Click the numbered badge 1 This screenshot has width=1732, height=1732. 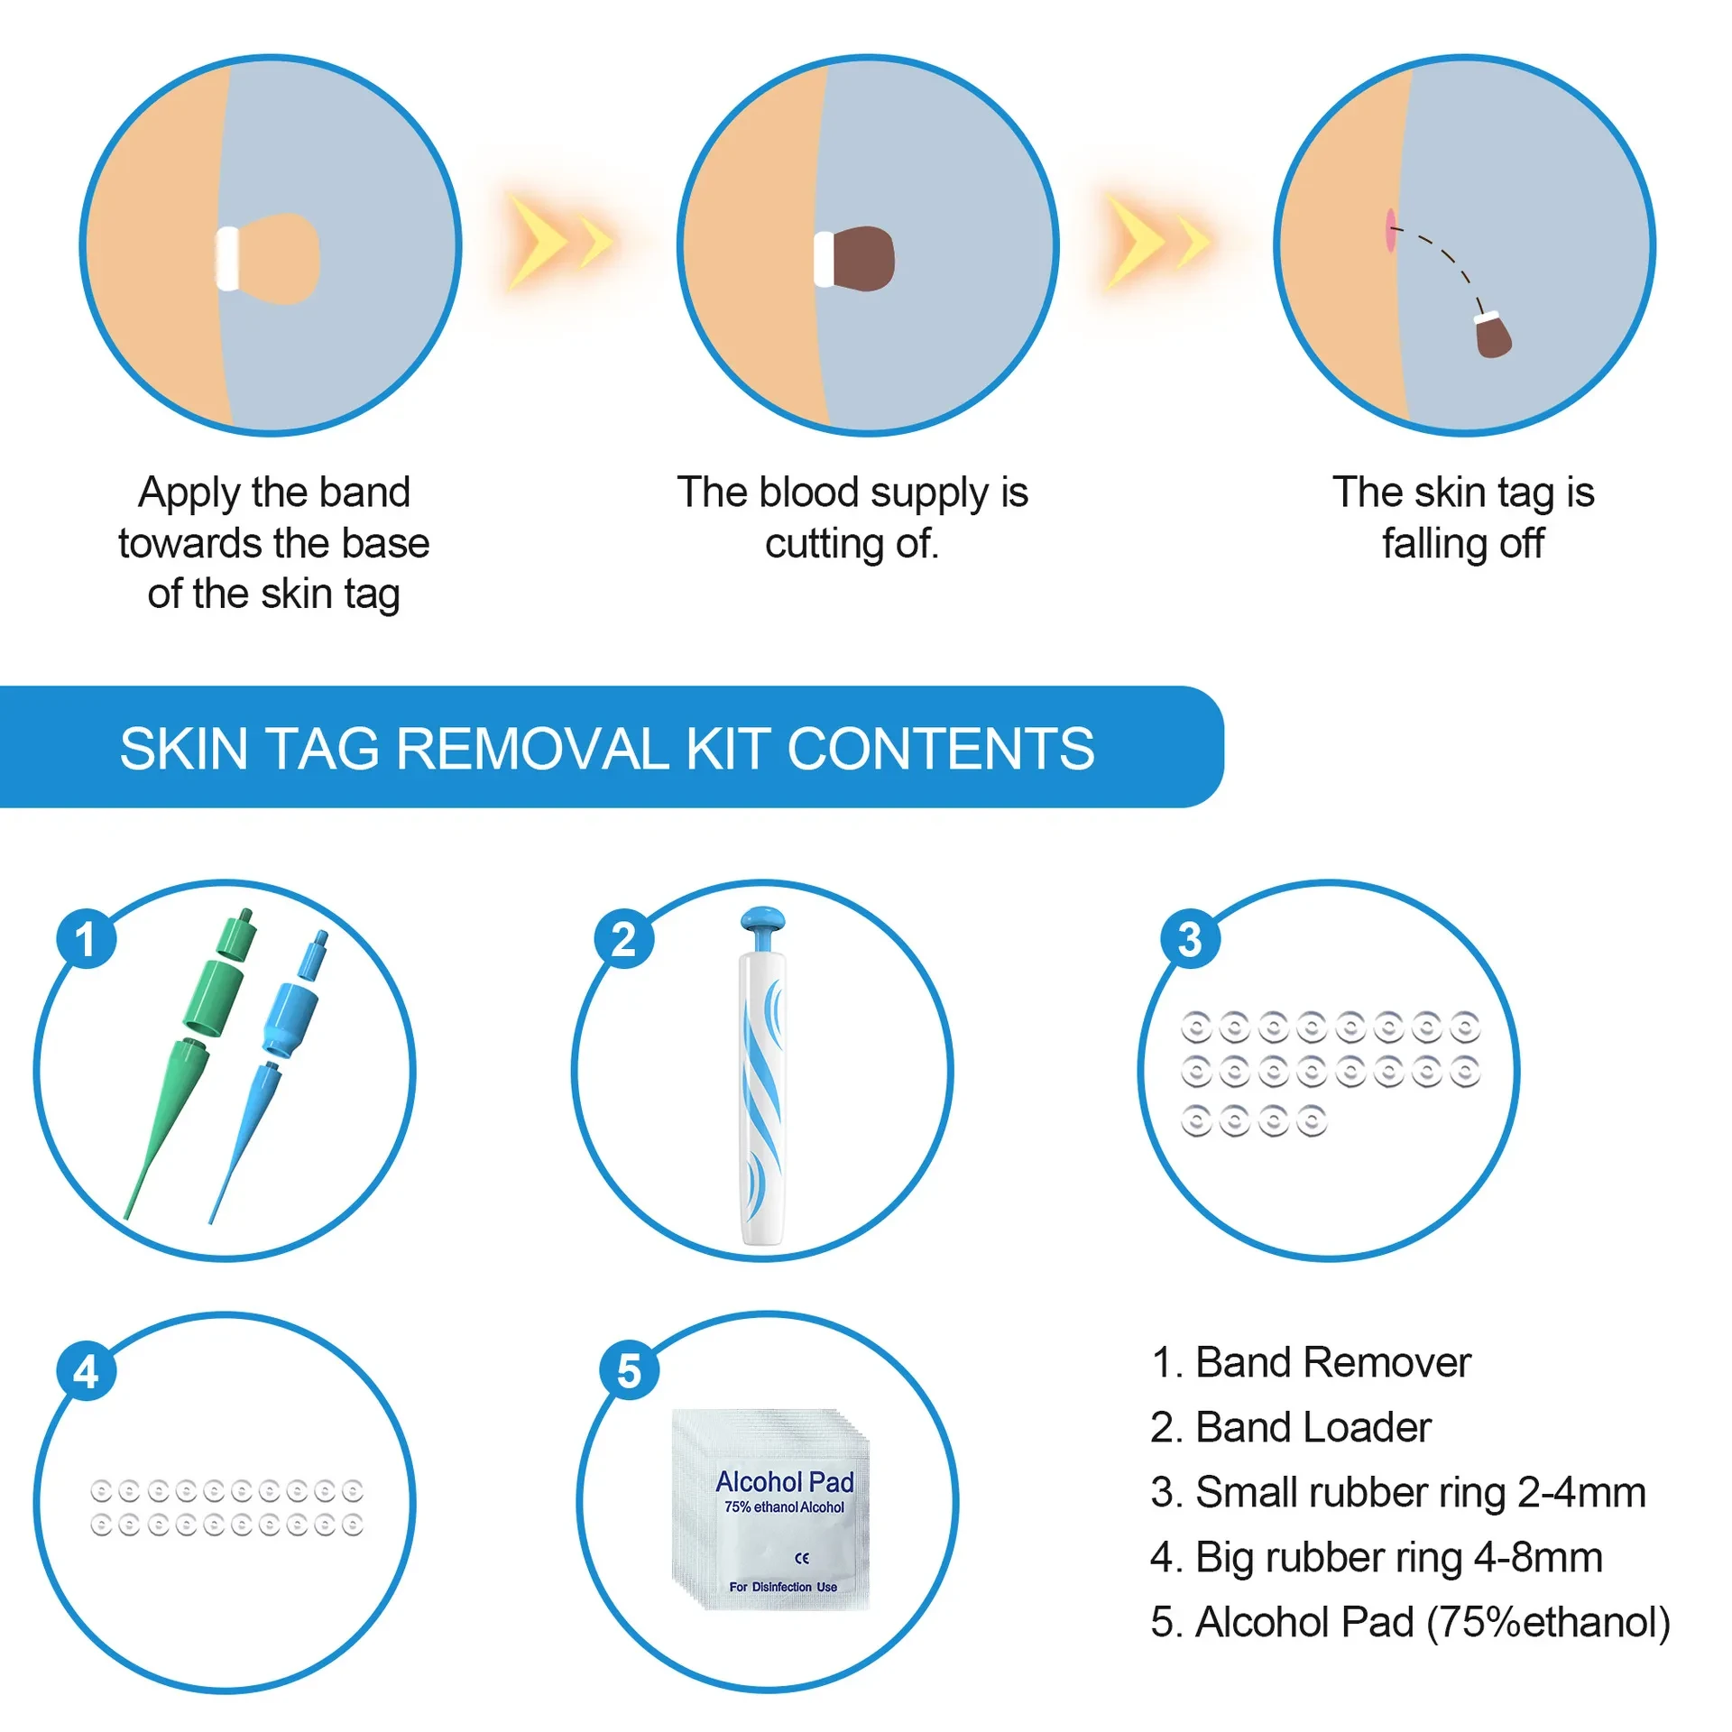tap(86, 939)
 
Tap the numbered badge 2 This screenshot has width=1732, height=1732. tap(623, 939)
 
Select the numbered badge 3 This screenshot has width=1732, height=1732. tap(1190, 939)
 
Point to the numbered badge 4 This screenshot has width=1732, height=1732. tap(86, 1371)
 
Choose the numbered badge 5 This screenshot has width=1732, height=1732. tap(629, 1371)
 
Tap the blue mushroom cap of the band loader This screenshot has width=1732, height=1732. tap(762, 921)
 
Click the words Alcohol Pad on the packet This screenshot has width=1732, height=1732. tap(784, 1481)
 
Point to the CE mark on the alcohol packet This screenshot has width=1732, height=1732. tap(801, 1558)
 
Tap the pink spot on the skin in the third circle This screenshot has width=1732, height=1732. tap(1390, 230)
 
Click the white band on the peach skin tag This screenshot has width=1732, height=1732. tap(227, 259)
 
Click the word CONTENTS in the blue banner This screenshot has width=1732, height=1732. tap(940, 749)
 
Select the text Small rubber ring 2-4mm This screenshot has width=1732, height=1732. tap(1397, 1493)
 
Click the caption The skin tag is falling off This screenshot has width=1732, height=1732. tap(1463, 518)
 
